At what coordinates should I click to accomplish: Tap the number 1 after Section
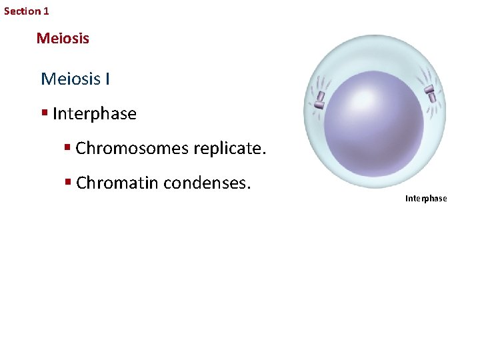pyautogui.click(x=46, y=11)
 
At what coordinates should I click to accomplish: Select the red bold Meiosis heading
pyautogui.click(x=63, y=39)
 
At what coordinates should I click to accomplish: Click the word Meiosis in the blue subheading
pyautogui.click(x=70, y=79)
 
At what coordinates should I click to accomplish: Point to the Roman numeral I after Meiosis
pyautogui.click(x=107, y=79)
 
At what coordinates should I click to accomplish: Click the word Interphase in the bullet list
pyautogui.click(x=94, y=114)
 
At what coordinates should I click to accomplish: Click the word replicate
pyautogui.click(x=229, y=148)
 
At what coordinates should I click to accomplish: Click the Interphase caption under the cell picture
pyautogui.click(x=426, y=199)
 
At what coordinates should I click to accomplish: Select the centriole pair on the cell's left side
pyautogui.click(x=320, y=99)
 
